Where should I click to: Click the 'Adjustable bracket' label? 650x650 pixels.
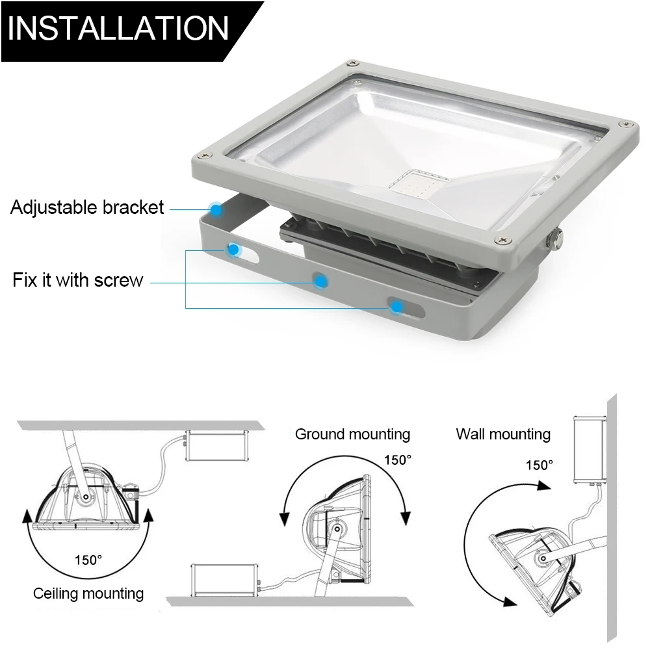pyautogui.click(x=87, y=207)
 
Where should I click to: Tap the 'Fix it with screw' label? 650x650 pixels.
pyautogui.click(x=78, y=279)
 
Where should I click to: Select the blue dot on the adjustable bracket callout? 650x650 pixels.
pyautogui.click(x=216, y=210)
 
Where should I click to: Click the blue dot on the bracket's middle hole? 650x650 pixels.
pyautogui.click(x=320, y=282)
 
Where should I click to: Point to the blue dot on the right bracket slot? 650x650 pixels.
pyautogui.click(x=396, y=307)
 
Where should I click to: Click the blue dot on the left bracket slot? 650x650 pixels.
pyautogui.click(x=233, y=250)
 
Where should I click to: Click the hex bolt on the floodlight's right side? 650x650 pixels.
pyautogui.click(x=554, y=240)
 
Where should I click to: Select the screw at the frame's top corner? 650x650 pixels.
pyautogui.click(x=353, y=64)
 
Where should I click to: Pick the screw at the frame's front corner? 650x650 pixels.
pyautogui.click(x=503, y=240)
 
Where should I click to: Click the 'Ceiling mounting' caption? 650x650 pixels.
pyautogui.click(x=88, y=593)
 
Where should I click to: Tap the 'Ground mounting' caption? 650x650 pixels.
pyautogui.click(x=352, y=434)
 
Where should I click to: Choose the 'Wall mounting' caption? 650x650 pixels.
pyautogui.click(x=503, y=434)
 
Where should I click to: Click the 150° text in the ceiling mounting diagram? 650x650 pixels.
pyautogui.click(x=88, y=560)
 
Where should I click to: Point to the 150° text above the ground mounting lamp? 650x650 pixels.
pyautogui.click(x=398, y=460)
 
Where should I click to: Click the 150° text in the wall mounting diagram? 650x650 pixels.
pyautogui.click(x=539, y=465)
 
